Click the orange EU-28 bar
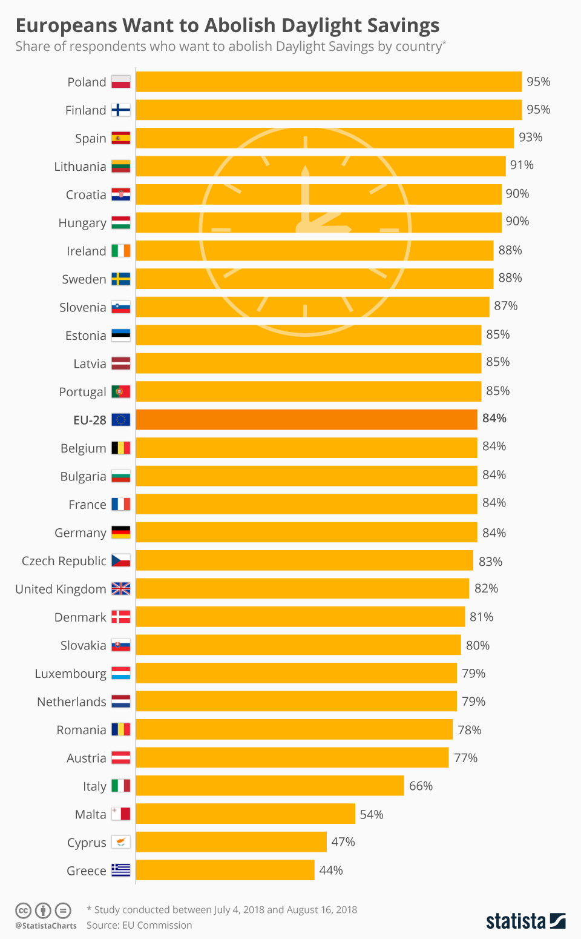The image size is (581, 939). pyautogui.click(x=306, y=420)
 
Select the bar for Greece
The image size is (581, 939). pyautogui.click(x=225, y=870)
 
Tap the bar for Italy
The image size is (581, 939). pyautogui.click(x=270, y=786)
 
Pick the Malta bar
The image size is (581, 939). pyautogui.click(x=245, y=814)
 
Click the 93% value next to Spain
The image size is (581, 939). pyautogui.click(x=531, y=138)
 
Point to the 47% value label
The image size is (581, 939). pyautogui.click(x=343, y=842)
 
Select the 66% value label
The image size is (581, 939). pyautogui.click(x=421, y=786)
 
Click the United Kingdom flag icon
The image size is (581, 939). pyautogui.click(x=121, y=589)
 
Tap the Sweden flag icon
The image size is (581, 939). pyautogui.click(x=121, y=279)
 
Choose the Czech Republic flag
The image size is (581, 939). pyautogui.click(x=121, y=560)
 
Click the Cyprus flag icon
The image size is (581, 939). pyautogui.click(x=121, y=842)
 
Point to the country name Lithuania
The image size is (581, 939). pyautogui.click(x=80, y=167)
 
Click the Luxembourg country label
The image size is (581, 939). pyautogui.click(x=70, y=674)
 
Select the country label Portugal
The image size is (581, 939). pyautogui.click(x=82, y=392)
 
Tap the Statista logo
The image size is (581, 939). pyautogui.click(x=526, y=921)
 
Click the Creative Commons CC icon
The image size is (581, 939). pyautogui.click(x=23, y=911)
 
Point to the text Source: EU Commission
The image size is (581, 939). pyautogui.click(x=139, y=925)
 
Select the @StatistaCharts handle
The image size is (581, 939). pyautogui.click(x=46, y=926)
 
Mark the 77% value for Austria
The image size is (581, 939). pyautogui.click(x=466, y=758)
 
